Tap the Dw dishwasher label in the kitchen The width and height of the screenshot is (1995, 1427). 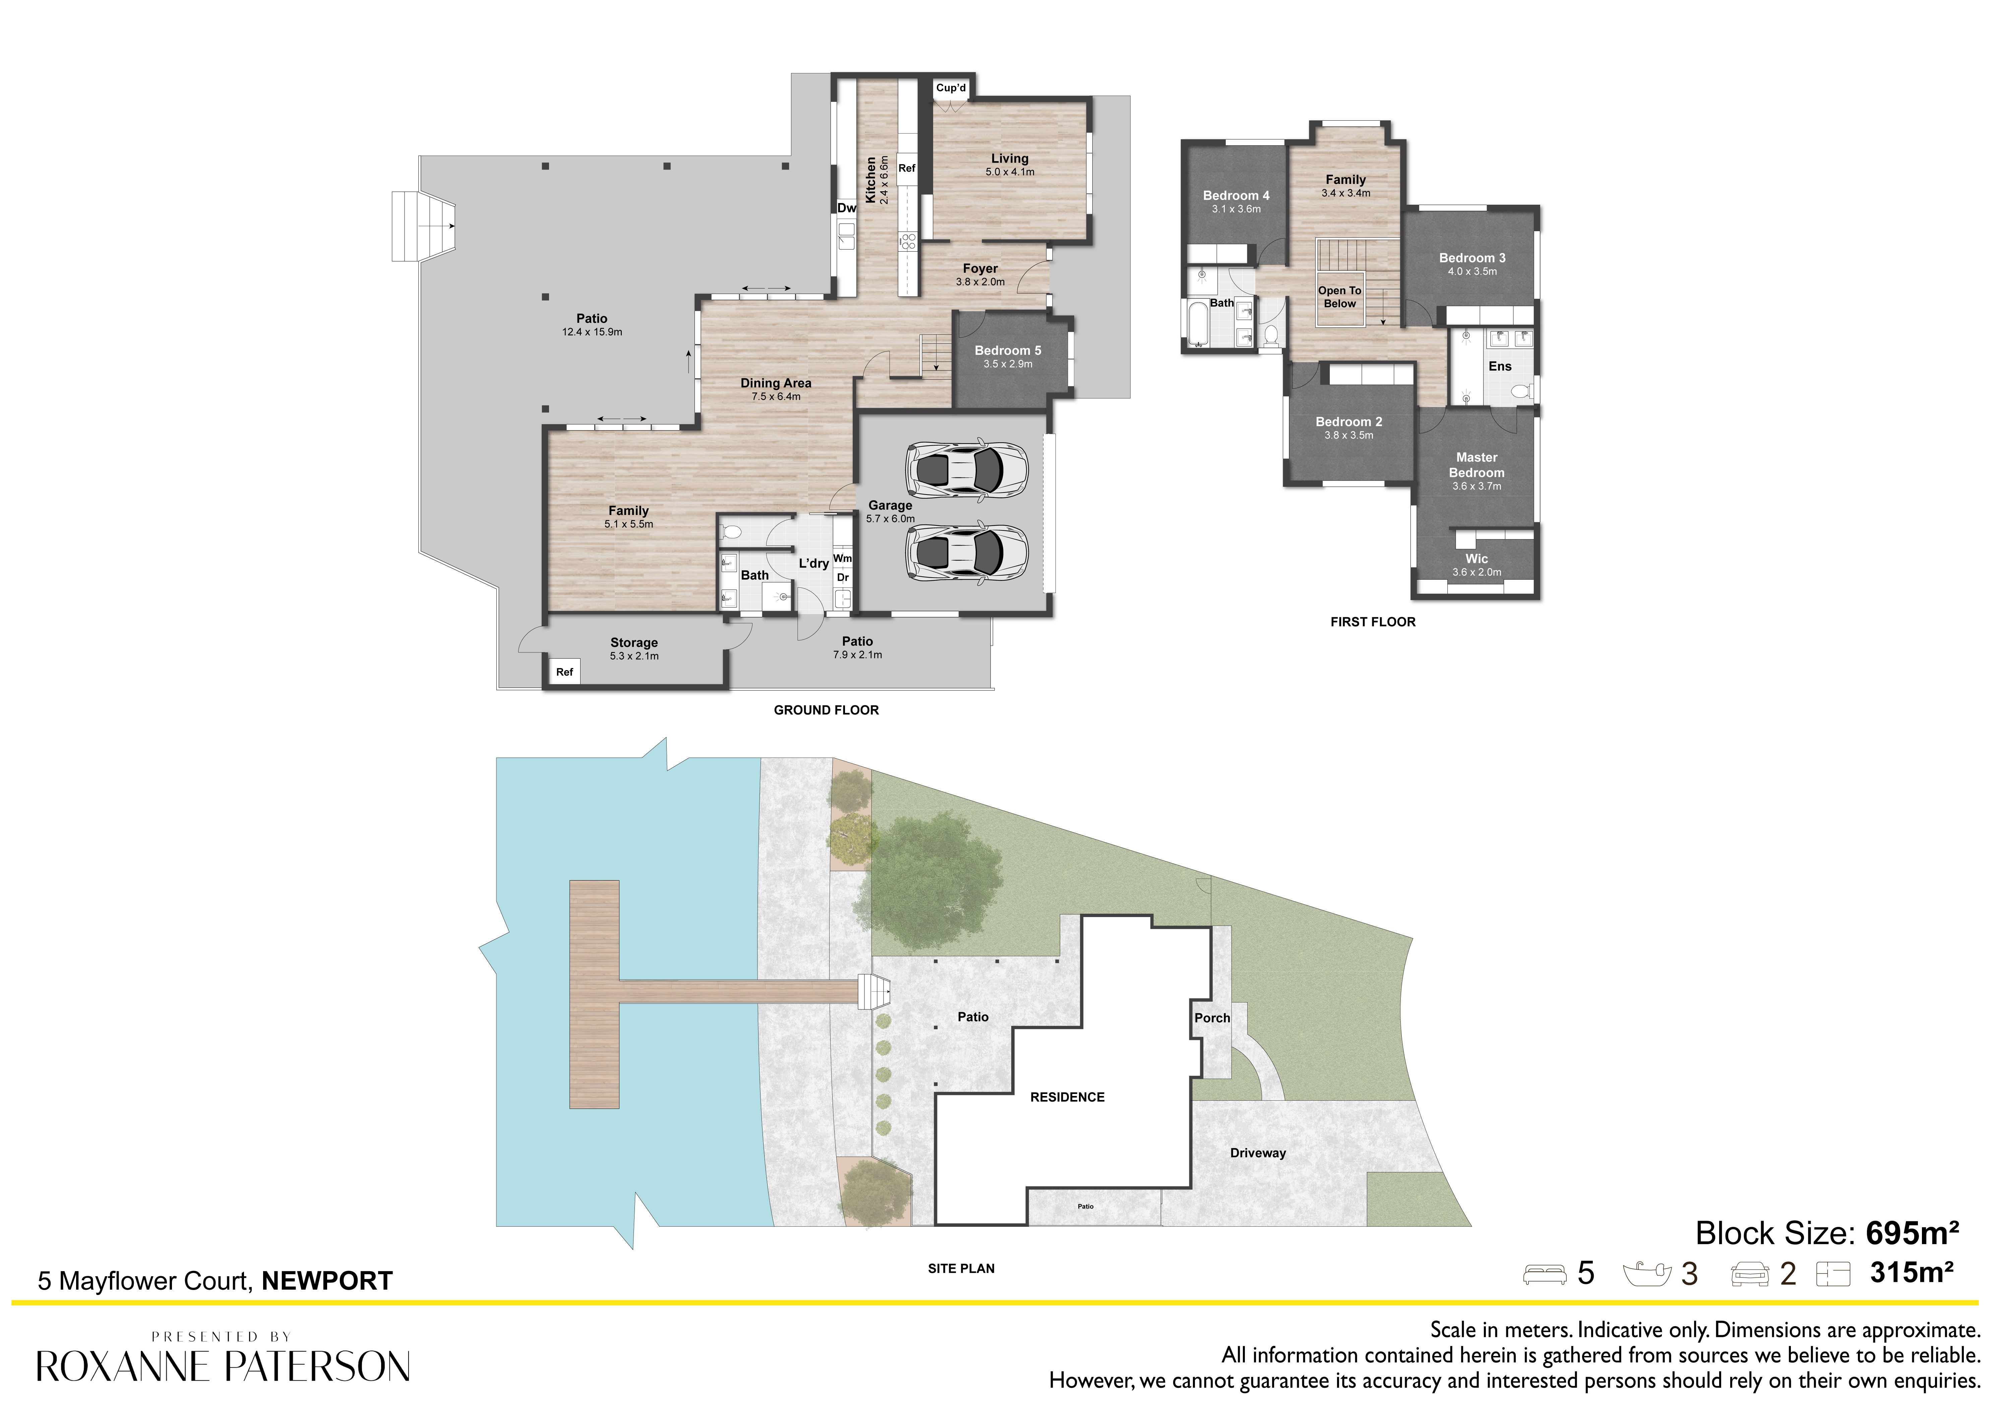(x=846, y=208)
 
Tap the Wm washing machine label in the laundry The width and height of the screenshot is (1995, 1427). (x=842, y=558)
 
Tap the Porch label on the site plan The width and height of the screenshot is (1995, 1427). (x=1212, y=1018)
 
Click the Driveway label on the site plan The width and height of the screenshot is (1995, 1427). (x=1258, y=1153)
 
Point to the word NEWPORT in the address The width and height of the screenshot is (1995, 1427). (x=327, y=1281)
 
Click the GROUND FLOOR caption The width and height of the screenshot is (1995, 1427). (x=826, y=710)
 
